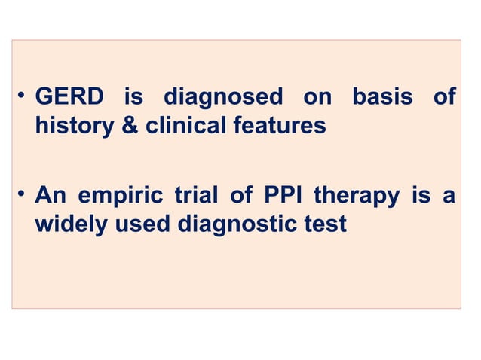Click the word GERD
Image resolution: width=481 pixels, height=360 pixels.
(69, 98)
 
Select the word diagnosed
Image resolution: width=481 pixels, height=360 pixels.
(223, 98)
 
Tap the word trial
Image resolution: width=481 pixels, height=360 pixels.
(200, 197)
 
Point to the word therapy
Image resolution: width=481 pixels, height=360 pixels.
(357, 197)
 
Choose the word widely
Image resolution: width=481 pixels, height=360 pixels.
(71, 224)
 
